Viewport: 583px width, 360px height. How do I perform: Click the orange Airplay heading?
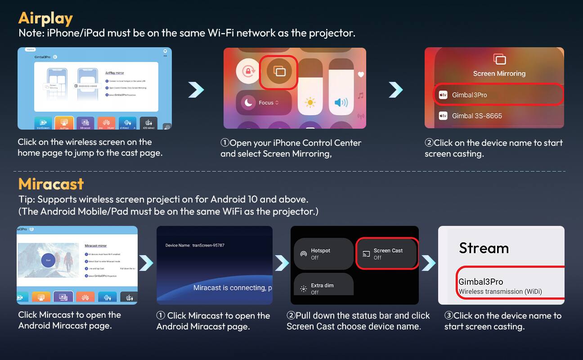tap(45, 18)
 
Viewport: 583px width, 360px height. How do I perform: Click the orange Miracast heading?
tap(51, 184)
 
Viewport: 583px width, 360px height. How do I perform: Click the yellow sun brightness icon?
tap(310, 103)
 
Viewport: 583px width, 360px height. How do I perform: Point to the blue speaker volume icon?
tap(341, 103)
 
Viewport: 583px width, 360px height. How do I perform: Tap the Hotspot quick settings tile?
tap(323, 254)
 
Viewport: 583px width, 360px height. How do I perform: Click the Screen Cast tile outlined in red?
tap(387, 254)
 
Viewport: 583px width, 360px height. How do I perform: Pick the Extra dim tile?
tap(323, 288)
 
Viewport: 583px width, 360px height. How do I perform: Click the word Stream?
tap(484, 248)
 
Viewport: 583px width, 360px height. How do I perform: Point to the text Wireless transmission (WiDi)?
tap(500, 292)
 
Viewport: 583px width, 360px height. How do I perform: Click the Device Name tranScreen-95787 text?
tap(195, 245)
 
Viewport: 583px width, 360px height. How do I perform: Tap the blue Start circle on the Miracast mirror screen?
tap(48, 260)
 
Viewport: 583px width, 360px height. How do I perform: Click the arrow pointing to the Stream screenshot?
tap(428, 263)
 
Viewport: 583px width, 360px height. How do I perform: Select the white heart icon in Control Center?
tap(361, 75)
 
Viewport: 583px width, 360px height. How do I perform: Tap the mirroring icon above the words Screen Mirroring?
tap(499, 59)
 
